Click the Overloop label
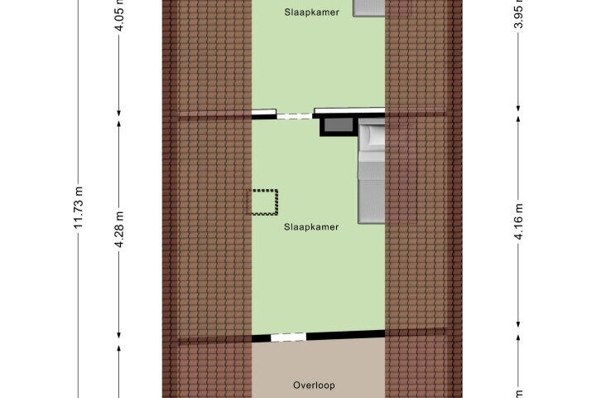click(x=314, y=386)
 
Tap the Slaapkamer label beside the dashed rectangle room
click(x=311, y=227)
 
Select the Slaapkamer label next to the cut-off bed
click(x=312, y=12)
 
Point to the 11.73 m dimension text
click(x=78, y=207)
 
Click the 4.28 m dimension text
click(x=119, y=230)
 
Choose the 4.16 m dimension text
click(x=518, y=221)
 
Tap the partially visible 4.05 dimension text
click(x=119, y=15)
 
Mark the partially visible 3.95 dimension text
click(x=518, y=14)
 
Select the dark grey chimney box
click(x=337, y=126)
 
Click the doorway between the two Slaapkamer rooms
click(x=295, y=116)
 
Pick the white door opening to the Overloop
click(x=288, y=337)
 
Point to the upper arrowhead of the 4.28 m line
click(x=119, y=124)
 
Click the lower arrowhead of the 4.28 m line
click(x=119, y=335)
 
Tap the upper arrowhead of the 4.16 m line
click(x=518, y=119)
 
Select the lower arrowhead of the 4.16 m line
click(x=518, y=323)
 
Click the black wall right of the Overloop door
click(x=345, y=335)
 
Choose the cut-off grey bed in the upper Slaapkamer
click(x=369, y=8)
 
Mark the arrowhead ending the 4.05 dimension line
click(x=119, y=113)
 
